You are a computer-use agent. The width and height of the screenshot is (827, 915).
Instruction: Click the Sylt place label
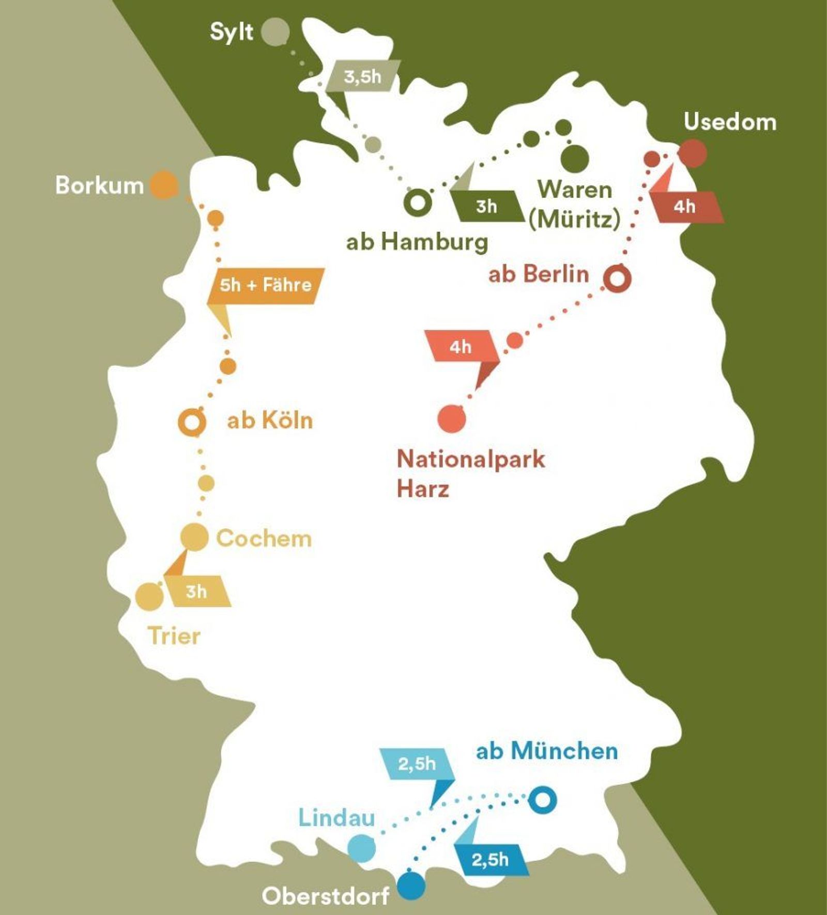coord(231,32)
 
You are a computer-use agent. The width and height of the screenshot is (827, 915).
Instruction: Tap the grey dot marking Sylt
coord(275,32)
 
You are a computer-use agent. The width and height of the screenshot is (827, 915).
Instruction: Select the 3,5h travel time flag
coord(363,77)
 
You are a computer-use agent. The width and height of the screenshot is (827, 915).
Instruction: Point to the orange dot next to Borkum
coord(164,184)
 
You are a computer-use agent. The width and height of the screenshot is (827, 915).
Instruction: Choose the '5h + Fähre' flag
coord(266,285)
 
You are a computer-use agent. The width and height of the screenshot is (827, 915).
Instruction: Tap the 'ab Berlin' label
coord(539,274)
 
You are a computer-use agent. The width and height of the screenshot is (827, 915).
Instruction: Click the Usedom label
coord(729,122)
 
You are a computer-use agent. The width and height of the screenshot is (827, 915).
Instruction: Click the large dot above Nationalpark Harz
coord(451,418)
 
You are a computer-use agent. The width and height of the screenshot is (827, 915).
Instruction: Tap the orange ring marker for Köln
coord(192,422)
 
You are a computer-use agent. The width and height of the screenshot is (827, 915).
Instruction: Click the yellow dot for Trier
coord(149,596)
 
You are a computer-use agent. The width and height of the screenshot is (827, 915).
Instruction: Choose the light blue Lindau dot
coord(361,848)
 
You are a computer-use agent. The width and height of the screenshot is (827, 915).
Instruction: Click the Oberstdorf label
coord(325,896)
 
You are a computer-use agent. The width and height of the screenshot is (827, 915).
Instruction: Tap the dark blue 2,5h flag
coord(490,860)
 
